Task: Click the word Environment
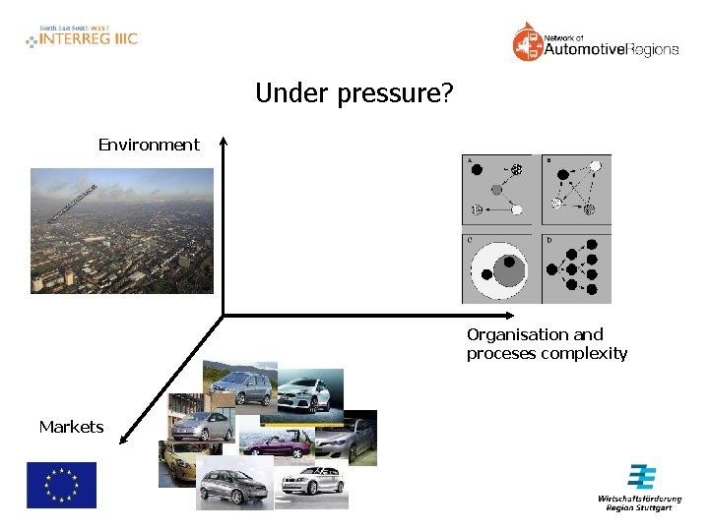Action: (x=149, y=146)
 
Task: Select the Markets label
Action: (x=71, y=427)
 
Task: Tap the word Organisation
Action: (x=513, y=334)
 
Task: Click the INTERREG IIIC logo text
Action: (x=88, y=39)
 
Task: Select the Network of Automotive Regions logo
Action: (x=595, y=44)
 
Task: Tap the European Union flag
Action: (x=61, y=485)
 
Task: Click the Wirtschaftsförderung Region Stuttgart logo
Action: (x=641, y=488)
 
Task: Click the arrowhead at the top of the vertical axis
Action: (x=224, y=144)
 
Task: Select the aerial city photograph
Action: (x=121, y=230)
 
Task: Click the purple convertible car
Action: (x=279, y=443)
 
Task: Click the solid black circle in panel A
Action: (x=477, y=169)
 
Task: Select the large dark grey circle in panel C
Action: (x=506, y=268)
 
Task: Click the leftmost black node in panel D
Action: (x=551, y=267)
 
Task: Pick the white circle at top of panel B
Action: (x=595, y=165)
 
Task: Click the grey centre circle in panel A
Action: (x=496, y=190)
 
